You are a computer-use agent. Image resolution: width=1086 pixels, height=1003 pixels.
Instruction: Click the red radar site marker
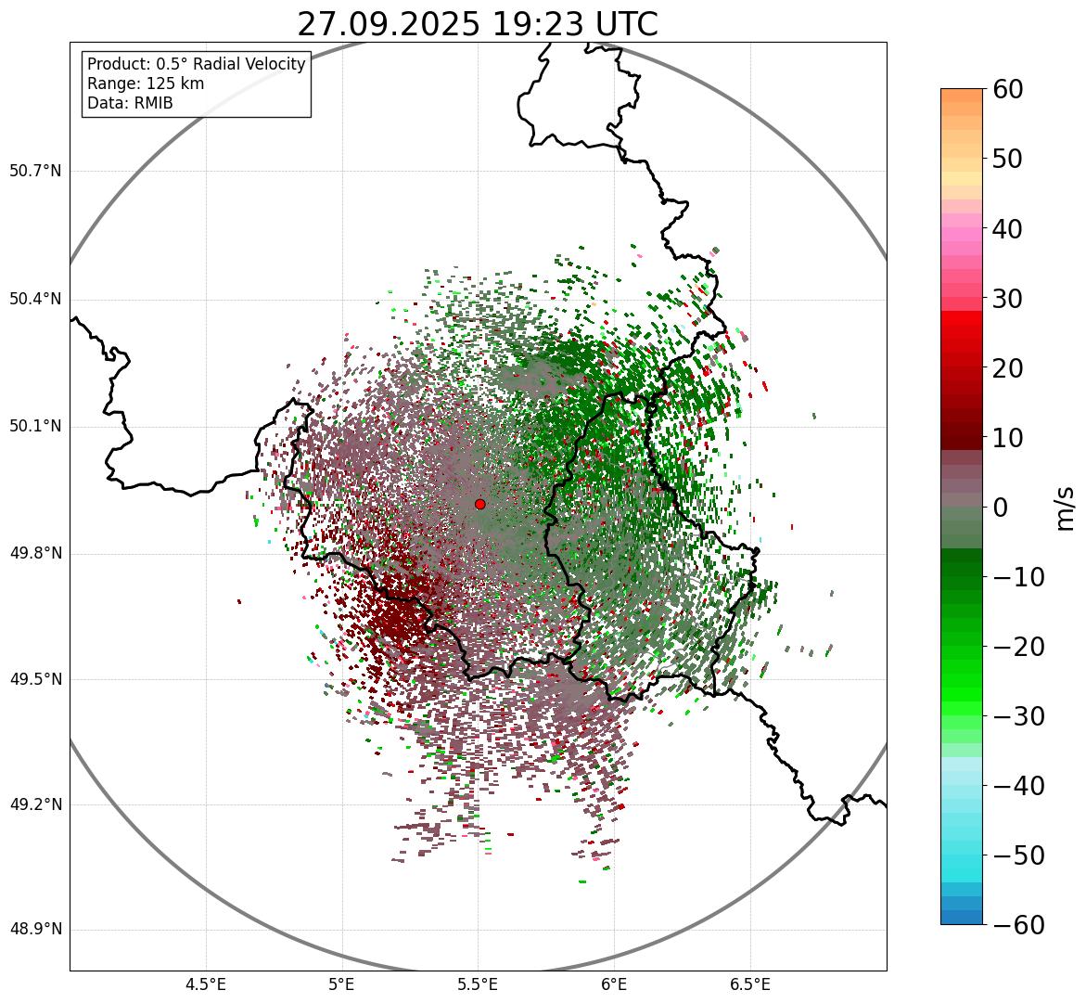pyautogui.click(x=479, y=504)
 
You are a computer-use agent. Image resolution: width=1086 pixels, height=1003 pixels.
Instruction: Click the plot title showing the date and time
pyautogui.click(x=478, y=24)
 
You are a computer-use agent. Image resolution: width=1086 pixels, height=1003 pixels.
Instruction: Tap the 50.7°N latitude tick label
pyautogui.click(x=35, y=172)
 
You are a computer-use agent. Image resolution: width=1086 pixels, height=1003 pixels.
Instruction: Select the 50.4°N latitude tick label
pyautogui.click(x=35, y=300)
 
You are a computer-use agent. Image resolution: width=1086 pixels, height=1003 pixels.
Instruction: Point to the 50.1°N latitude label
pyautogui.click(x=35, y=427)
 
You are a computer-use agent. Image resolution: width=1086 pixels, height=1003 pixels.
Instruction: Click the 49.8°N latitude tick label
pyautogui.click(x=35, y=554)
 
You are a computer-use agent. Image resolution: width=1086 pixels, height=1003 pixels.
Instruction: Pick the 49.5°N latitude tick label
pyautogui.click(x=35, y=679)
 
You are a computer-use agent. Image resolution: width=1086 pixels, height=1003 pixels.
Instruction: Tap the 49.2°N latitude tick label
pyautogui.click(x=35, y=804)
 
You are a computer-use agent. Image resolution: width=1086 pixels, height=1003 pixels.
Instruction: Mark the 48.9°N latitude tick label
pyautogui.click(x=35, y=930)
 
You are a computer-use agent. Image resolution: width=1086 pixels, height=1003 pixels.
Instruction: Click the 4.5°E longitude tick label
pyautogui.click(x=206, y=984)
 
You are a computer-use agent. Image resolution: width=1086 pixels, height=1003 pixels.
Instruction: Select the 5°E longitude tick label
pyautogui.click(x=342, y=984)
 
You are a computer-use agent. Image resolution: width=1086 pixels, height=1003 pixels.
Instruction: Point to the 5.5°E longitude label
pyautogui.click(x=478, y=984)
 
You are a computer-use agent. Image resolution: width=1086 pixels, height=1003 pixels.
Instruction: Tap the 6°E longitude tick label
pyautogui.click(x=614, y=984)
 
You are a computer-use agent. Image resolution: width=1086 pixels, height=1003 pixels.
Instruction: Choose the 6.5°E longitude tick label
pyautogui.click(x=749, y=984)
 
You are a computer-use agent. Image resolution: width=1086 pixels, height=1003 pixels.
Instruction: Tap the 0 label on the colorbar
pyautogui.click(x=1001, y=508)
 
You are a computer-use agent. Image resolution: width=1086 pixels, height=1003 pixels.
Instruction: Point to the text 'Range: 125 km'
pyautogui.click(x=146, y=84)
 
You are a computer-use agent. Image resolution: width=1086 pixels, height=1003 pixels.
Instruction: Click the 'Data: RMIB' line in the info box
pyautogui.click(x=130, y=103)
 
